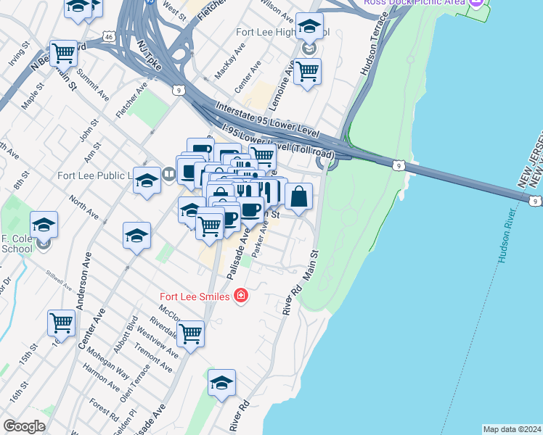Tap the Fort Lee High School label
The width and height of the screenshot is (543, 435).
pyautogui.click(x=283, y=33)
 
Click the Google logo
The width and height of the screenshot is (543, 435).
pyautogui.click(x=24, y=426)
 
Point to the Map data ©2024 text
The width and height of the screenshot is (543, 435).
pyautogui.click(x=511, y=429)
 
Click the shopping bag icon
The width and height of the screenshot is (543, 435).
pyautogui.click(x=298, y=195)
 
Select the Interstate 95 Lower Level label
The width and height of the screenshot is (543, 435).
pyautogui.click(x=268, y=120)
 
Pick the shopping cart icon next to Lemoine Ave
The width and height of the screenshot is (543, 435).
pyautogui.click(x=308, y=71)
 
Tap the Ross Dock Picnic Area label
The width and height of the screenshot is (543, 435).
pyautogui.click(x=414, y=2)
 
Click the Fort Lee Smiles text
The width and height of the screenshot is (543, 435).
pyautogui.click(x=195, y=296)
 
